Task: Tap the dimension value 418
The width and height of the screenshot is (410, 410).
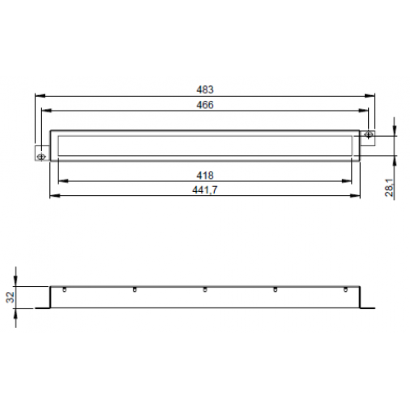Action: click(x=206, y=175)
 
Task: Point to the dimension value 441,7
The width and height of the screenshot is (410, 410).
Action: click(x=206, y=189)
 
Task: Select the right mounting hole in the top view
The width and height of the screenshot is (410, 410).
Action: click(x=369, y=135)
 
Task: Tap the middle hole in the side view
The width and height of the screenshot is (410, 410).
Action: click(x=205, y=289)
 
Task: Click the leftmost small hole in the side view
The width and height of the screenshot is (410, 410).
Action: click(x=64, y=289)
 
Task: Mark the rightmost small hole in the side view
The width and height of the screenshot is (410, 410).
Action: click(x=345, y=289)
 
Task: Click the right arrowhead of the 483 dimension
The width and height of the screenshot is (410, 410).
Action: click(x=371, y=96)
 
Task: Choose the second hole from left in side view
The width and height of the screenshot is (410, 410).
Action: click(x=134, y=289)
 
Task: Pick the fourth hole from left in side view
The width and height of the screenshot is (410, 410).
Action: click(x=276, y=289)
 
